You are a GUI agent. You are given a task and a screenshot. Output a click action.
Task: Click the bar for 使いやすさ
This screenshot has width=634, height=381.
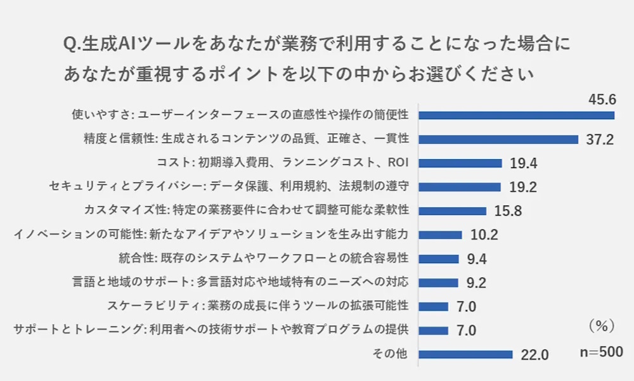516,115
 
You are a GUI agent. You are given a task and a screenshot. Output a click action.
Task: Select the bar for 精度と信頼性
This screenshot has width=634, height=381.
498,139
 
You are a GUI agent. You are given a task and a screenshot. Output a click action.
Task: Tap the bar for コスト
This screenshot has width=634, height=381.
460,163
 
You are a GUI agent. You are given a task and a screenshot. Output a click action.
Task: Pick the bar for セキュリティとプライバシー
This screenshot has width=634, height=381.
460,187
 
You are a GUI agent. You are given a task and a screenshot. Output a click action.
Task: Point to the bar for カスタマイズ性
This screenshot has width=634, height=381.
452,211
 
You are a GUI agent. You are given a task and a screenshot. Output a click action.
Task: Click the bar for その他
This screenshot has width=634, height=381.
465,354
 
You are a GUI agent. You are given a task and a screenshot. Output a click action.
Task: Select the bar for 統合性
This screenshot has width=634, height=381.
438,259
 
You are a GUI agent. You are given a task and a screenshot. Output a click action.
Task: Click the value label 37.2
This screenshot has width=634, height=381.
599,139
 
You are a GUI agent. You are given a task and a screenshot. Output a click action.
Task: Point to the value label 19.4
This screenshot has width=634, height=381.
524,164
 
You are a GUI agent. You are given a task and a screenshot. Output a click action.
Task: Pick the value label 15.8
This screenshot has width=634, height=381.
508,212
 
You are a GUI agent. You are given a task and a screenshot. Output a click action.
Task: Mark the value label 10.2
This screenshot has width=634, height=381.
484,235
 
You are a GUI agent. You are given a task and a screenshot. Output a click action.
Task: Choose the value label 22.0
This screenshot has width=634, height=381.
534,355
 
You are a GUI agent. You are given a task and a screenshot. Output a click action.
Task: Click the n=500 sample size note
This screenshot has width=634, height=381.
601,352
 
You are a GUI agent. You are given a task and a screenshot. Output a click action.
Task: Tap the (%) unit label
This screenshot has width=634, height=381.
598,325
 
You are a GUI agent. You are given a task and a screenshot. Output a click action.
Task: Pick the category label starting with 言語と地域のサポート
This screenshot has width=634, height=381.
240,283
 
